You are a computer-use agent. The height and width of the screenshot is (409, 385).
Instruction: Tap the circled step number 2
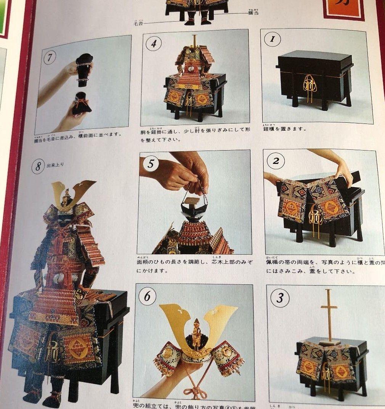pyautogui.click(x=276, y=161)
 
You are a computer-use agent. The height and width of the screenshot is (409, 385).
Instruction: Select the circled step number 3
pyautogui.click(x=280, y=298)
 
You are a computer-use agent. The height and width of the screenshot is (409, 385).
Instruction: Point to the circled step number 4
pyautogui.click(x=154, y=43)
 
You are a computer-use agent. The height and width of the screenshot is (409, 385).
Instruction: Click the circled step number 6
pyautogui.click(x=147, y=296)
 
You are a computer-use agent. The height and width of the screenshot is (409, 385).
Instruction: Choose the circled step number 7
pyautogui.click(x=50, y=58)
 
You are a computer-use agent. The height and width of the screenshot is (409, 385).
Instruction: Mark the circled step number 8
pyautogui.click(x=38, y=167)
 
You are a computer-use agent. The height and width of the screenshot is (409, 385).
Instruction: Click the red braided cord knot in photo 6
pyautogui.click(x=194, y=391)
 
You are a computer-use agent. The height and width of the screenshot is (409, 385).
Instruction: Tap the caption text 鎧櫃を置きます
pyautogui.click(x=284, y=129)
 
